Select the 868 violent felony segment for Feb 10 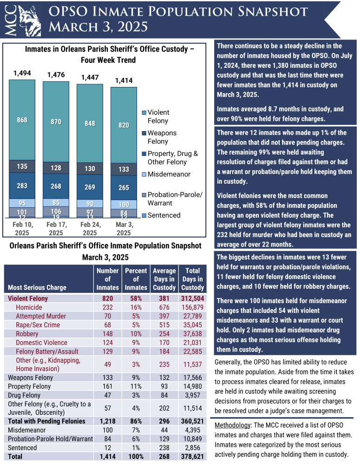point(22,120)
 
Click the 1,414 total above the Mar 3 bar point(124,80)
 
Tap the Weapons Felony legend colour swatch point(144,133)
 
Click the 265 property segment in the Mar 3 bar point(124,188)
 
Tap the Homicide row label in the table point(29,307)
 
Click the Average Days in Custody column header point(164,279)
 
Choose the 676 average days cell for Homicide point(164,307)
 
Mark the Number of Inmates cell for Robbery point(108,334)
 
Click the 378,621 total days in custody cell point(192,457)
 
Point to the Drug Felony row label point(25,395)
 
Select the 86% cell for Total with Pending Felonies point(136,421)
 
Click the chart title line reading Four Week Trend point(108,60)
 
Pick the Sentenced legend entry point(164,215)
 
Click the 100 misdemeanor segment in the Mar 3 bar point(124,205)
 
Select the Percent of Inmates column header point(136,279)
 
